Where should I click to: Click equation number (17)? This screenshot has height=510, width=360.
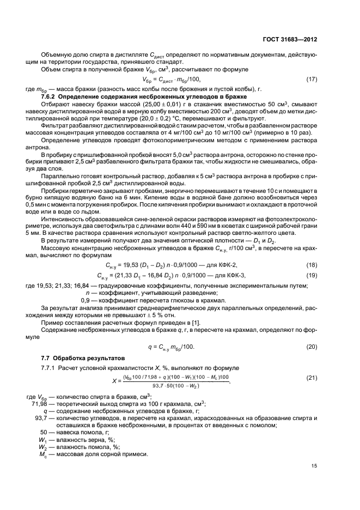(312, 80)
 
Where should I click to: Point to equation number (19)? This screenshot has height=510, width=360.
(312, 275)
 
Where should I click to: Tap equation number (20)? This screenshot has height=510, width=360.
(312, 347)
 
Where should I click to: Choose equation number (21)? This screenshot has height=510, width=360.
(312, 377)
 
